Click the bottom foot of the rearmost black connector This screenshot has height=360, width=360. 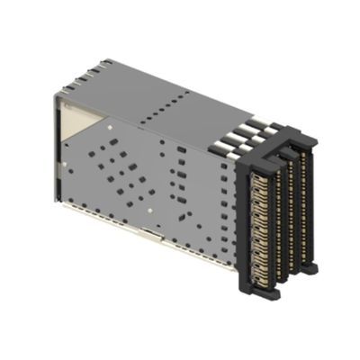click(x=310, y=267)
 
